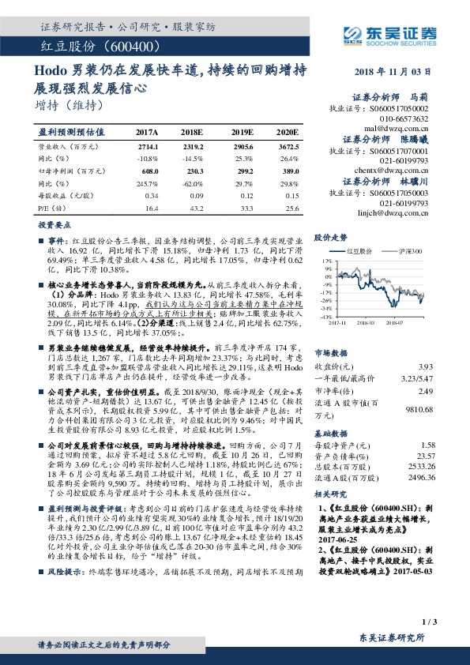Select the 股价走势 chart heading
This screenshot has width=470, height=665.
click(331, 236)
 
